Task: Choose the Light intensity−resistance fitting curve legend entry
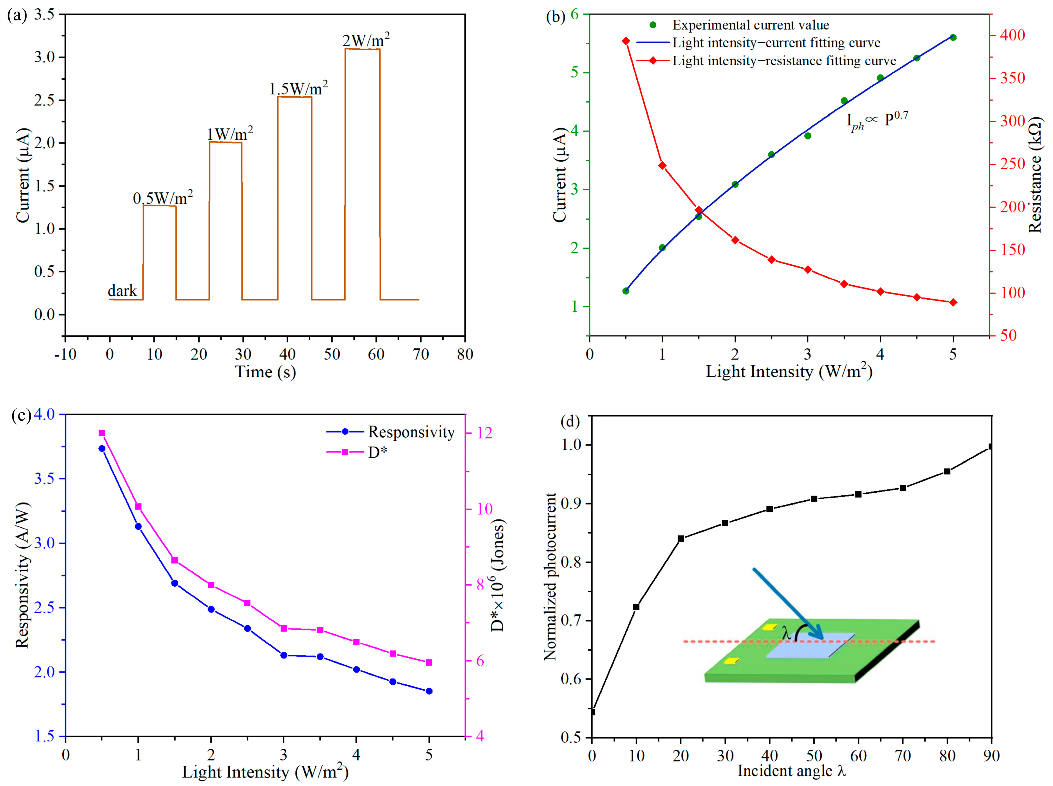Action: [784, 61]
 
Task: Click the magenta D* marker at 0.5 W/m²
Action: [102, 433]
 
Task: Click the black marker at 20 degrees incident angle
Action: [680, 539]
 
